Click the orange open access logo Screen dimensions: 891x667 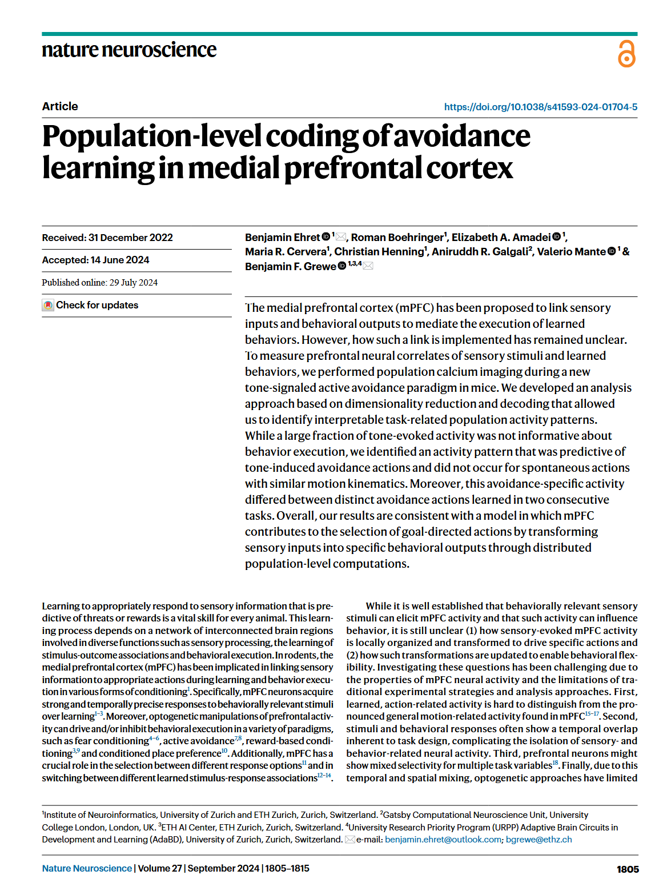[x=626, y=54]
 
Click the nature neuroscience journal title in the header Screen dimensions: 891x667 [x=129, y=50]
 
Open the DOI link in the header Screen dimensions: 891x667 [x=540, y=107]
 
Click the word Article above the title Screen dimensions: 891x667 [x=60, y=106]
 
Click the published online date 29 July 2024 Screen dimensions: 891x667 [x=133, y=283]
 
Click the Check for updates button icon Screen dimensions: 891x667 [x=48, y=306]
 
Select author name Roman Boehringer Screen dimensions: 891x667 [x=397, y=238]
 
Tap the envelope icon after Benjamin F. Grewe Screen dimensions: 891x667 [x=368, y=266]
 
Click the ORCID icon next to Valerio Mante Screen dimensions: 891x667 [x=612, y=251]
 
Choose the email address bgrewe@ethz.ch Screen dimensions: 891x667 [x=539, y=840]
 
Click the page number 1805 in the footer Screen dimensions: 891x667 [x=627, y=869]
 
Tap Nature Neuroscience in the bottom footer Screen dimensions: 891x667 [x=87, y=869]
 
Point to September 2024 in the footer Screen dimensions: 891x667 [x=223, y=869]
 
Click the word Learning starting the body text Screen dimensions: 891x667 [x=60, y=606]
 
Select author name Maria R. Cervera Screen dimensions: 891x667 [x=286, y=252]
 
